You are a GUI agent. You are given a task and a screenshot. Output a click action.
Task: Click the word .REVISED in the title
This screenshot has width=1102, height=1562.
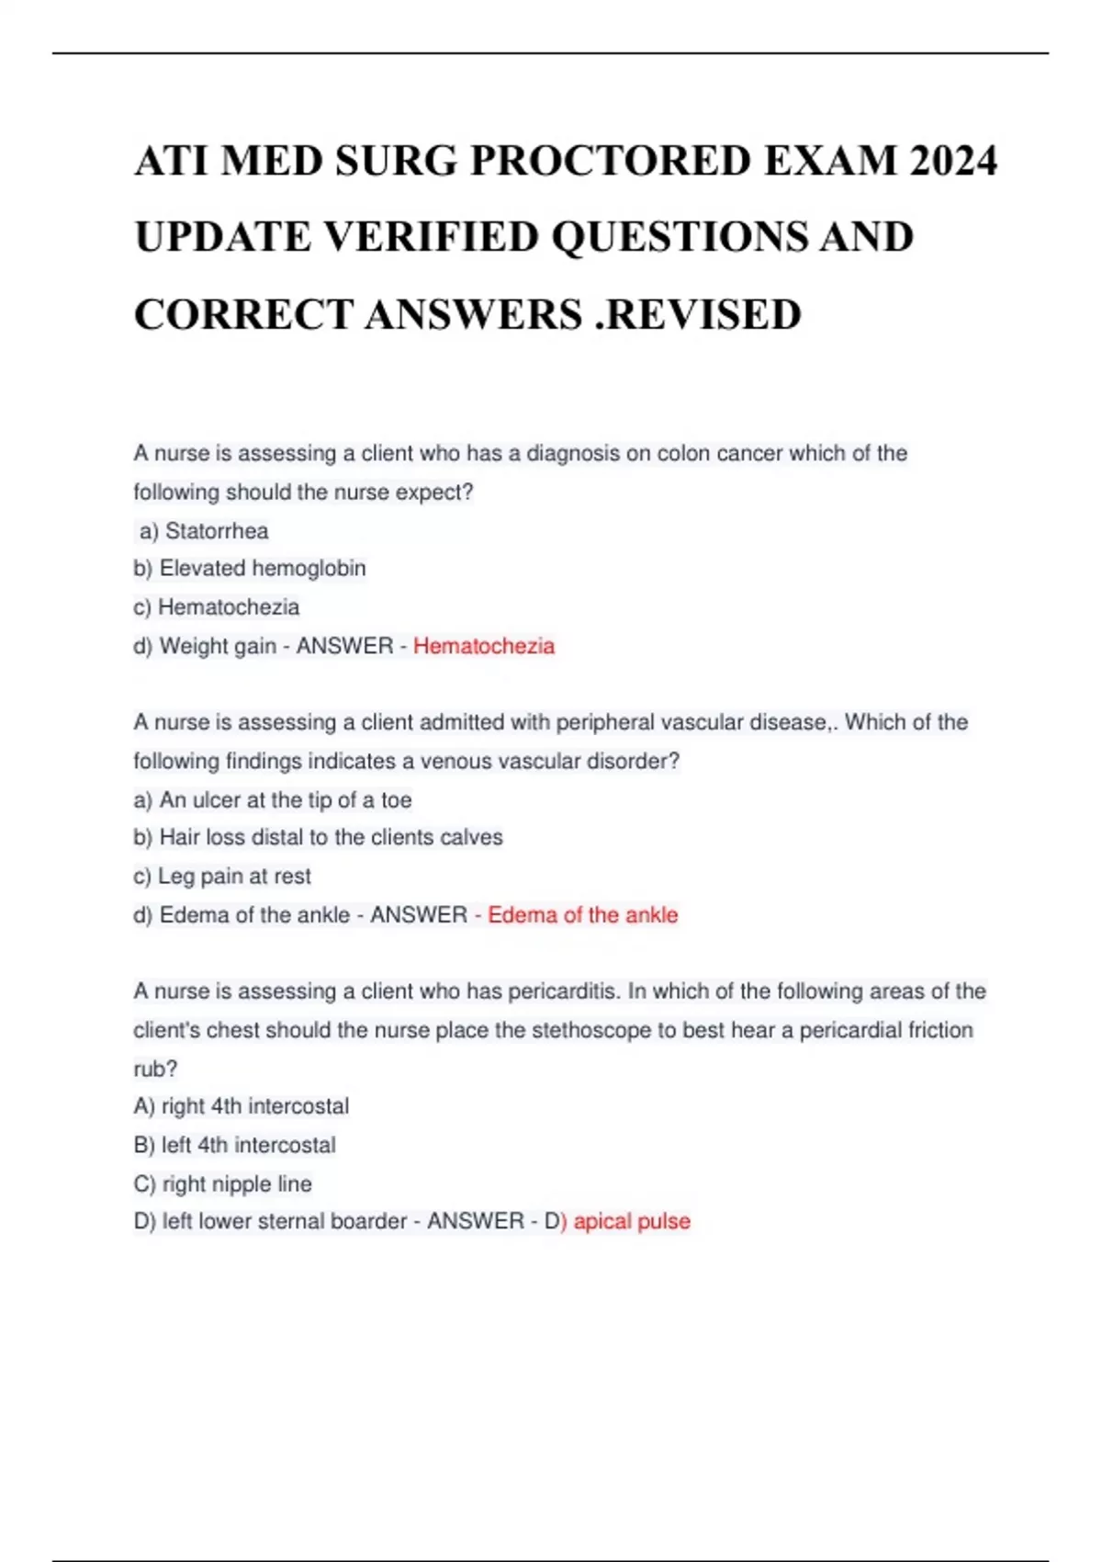pyautogui.click(x=698, y=314)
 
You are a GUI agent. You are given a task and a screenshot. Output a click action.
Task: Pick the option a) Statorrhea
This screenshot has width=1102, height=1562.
pyautogui.click(x=204, y=531)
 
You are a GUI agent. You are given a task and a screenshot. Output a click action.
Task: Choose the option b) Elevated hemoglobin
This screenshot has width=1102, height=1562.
pyautogui.click(x=250, y=569)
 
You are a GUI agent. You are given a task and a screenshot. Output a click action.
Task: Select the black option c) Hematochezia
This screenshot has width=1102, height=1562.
pyautogui.click(x=217, y=607)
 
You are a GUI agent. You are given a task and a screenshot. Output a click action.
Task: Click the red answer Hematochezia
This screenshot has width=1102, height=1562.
pyautogui.click(x=484, y=646)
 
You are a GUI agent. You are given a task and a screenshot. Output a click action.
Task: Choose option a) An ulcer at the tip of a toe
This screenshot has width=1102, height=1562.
pyautogui.click(x=273, y=800)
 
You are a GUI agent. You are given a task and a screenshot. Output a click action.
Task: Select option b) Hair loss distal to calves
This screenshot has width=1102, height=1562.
pyautogui.click(x=318, y=838)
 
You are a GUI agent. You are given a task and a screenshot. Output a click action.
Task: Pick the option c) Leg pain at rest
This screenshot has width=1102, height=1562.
pyautogui.click(x=222, y=877)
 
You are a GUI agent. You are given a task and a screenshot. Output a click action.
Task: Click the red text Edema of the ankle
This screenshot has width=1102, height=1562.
pyautogui.click(x=582, y=915)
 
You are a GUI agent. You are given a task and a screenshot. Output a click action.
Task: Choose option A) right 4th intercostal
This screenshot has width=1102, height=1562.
pyautogui.click(x=242, y=1106)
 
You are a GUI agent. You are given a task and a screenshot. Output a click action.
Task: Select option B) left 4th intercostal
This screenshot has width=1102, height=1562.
pyautogui.click(x=235, y=1145)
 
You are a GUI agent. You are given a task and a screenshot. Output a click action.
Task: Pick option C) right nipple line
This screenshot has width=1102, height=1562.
pyautogui.click(x=223, y=1183)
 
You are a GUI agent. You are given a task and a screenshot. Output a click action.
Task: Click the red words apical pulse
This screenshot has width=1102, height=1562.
pyautogui.click(x=632, y=1221)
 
